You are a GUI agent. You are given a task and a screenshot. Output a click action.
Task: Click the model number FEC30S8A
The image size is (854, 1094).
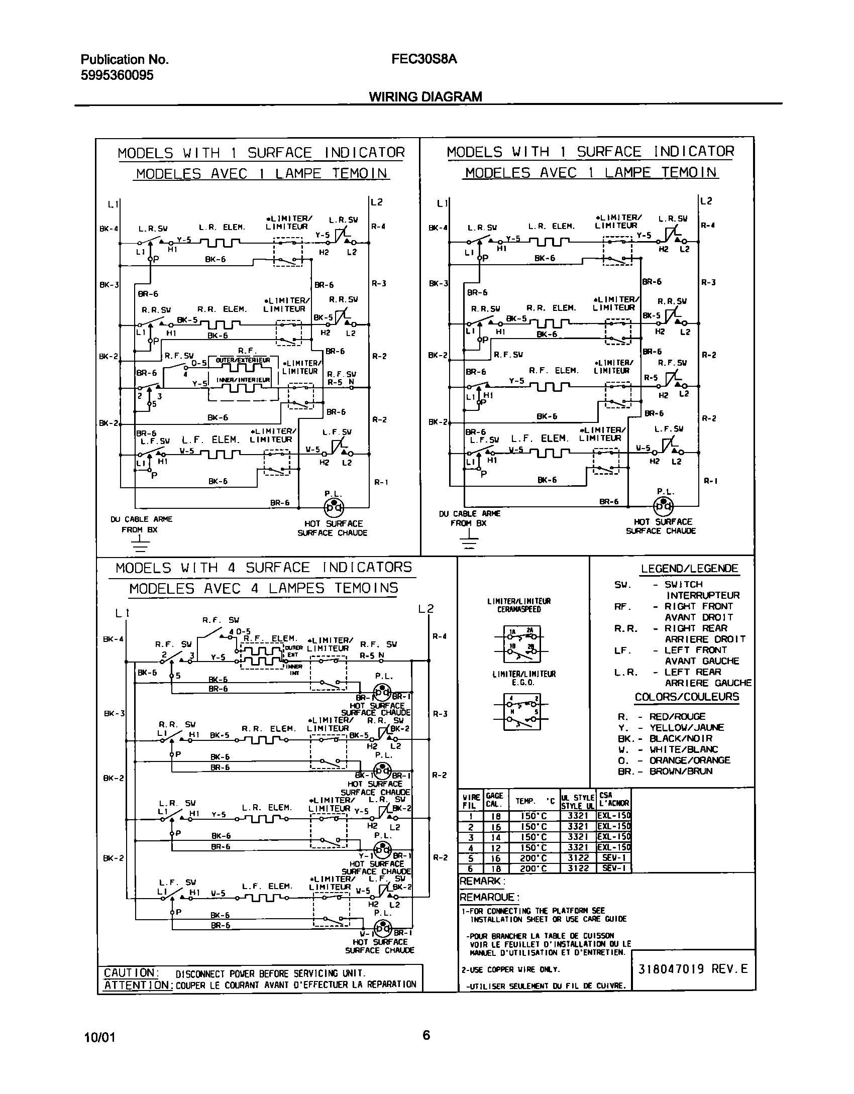tap(424, 59)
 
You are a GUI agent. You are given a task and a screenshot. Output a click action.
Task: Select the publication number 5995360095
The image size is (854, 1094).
tap(117, 75)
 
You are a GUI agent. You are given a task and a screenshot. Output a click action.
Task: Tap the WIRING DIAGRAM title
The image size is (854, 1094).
tap(425, 96)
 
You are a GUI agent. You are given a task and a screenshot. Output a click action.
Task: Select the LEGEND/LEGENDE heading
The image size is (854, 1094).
tap(689, 569)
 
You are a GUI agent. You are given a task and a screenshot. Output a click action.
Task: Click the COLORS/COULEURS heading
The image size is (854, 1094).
tap(687, 697)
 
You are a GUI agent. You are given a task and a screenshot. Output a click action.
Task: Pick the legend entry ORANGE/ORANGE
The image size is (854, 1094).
tap(689, 760)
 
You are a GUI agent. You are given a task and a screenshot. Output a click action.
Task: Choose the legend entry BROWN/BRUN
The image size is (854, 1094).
tap(681, 772)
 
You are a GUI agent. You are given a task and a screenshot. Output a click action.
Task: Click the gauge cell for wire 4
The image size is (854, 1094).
tap(495, 847)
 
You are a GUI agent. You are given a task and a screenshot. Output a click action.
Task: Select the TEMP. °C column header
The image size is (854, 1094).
tap(535, 802)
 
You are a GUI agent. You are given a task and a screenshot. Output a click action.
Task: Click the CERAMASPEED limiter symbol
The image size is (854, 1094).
tap(522, 645)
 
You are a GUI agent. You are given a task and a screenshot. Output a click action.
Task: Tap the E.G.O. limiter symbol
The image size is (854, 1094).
tap(522, 712)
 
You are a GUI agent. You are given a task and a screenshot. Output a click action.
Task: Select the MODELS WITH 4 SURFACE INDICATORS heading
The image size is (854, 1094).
tap(263, 568)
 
